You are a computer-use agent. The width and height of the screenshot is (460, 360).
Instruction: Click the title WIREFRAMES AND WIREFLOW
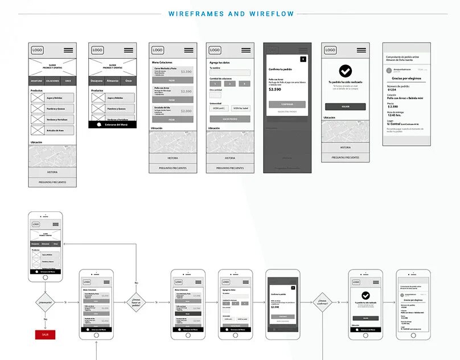(x=231, y=14)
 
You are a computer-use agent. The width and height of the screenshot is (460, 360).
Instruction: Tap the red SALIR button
(x=45, y=334)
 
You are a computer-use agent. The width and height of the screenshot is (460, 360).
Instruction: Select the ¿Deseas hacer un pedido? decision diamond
(x=137, y=302)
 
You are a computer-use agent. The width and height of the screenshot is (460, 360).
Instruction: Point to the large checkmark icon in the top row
(x=345, y=71)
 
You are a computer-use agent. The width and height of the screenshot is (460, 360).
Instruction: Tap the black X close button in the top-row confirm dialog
(x=303, y=59)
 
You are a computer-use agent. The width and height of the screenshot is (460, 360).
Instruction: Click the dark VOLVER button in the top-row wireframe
(x=345, y=107)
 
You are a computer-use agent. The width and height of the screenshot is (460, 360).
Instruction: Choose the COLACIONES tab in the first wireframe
(x=52, y=81)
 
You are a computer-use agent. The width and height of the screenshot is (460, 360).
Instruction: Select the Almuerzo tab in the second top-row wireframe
(x=113, y=81)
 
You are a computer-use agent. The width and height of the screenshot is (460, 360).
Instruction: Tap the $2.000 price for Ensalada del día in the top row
(x=186, y=109)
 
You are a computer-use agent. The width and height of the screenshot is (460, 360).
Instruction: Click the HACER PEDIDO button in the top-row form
(x=229, y=119)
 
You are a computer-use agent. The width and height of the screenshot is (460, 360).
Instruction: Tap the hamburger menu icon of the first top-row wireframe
(x=68, y=50)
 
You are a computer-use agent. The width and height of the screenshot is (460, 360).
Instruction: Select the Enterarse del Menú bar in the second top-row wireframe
(x=113, y=124)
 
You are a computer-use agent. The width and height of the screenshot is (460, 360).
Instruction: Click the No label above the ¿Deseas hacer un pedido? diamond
(x=136, y=283)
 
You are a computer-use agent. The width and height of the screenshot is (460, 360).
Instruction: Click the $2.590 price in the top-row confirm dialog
(x=275, y=89)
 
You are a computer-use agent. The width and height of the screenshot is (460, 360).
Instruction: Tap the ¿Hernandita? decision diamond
(x=45, y=302)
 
